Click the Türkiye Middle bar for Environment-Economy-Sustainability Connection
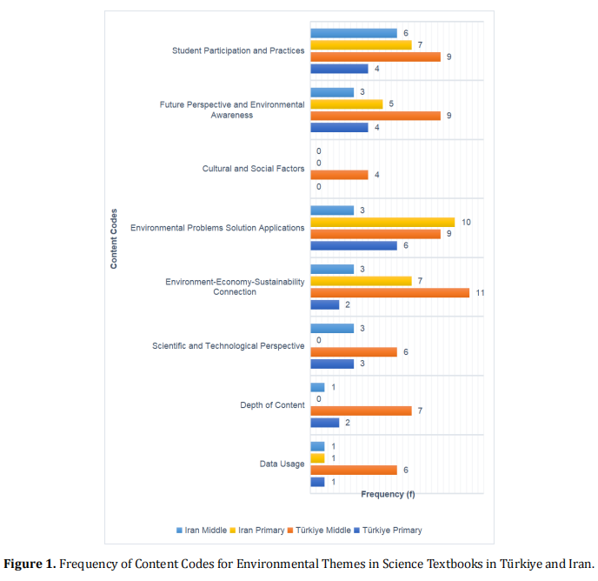(389, 293)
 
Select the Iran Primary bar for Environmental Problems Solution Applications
(382, 222)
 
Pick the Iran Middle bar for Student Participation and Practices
(353, 33)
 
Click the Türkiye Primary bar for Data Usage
(317, 482)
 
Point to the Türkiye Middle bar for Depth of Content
(361, 411)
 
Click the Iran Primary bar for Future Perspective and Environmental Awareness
(346, 104)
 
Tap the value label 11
(479, 293)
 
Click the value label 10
(466, 222)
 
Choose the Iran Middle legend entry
(204, 530)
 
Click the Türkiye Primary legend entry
(389, 530)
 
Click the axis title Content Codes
(114, 238)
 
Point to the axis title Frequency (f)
(387, 494)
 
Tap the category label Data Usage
(282, 464)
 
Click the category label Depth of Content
(272, 405)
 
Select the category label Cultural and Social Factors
(253, 169)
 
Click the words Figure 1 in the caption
(30, 563)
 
